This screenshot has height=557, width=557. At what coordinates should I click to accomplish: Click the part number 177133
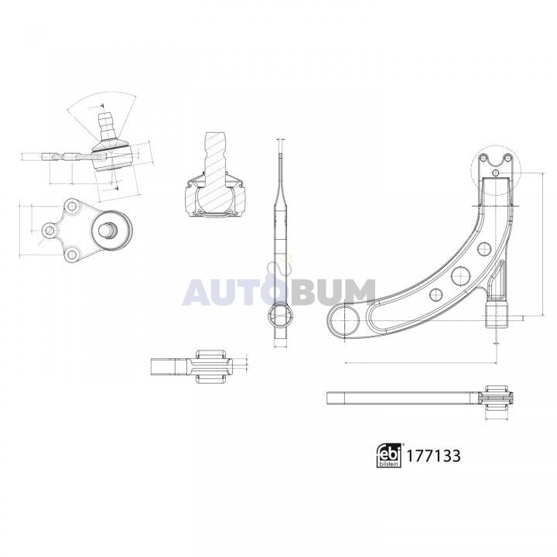[433, 456]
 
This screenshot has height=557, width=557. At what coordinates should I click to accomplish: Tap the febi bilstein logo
[389, 456]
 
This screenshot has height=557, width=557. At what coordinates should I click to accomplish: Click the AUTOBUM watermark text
[278, 292]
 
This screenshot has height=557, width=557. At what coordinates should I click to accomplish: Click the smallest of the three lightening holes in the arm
[436, 295]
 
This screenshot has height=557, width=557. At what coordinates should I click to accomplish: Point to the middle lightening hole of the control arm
[461, 275]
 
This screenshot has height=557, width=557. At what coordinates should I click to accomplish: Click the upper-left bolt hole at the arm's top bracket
[483, 158]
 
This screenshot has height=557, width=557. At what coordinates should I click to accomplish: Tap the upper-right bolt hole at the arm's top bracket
[508, 157]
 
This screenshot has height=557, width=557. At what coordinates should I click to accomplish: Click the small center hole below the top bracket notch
[496, 173]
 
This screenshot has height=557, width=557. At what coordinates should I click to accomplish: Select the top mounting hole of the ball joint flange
[72, 206]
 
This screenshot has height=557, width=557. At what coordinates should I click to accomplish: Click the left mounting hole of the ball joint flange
[50, 231]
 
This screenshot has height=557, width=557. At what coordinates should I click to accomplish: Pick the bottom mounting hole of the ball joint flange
[72, 255]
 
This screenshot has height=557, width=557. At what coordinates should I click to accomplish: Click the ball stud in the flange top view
[108, 230]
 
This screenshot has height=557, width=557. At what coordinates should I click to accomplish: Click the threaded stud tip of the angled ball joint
[105, 121]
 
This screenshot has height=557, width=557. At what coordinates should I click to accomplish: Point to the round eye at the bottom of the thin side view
[280, 315]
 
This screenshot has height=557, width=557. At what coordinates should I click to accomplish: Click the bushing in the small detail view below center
[211, 366]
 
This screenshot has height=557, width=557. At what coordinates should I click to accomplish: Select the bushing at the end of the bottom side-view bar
[496, 398]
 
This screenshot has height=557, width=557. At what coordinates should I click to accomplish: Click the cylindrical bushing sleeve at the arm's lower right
[496, 315]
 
